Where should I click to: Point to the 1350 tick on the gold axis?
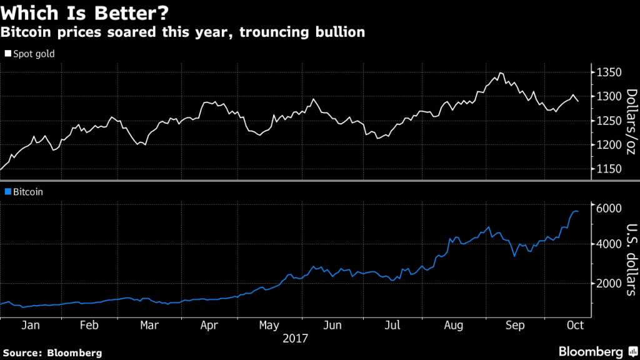609,72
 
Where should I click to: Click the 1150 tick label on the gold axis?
609,169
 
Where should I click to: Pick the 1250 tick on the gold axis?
609,121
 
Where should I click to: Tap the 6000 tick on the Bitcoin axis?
609,207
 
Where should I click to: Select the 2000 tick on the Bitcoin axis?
609,283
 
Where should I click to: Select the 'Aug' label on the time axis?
454,326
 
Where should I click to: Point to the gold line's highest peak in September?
501,73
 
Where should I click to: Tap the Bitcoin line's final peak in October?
575,211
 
